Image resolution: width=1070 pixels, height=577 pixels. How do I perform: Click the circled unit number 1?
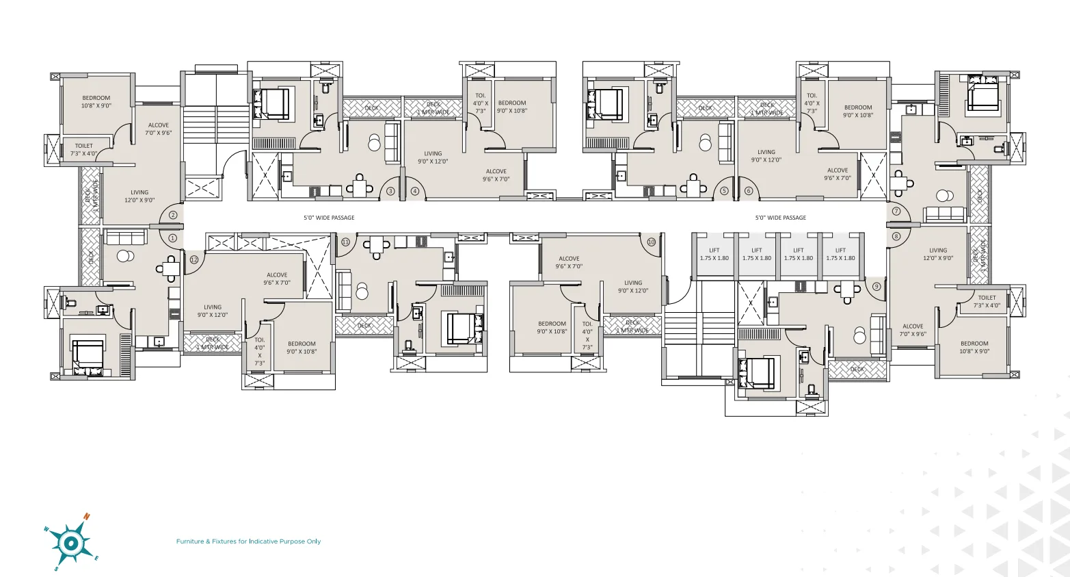(x=172, y=238)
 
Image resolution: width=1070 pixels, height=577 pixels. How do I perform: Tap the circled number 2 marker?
(x=173, y=215)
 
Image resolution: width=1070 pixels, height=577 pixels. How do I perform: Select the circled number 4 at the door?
(x=414, y=191)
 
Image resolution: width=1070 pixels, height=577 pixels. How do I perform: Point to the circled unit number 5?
(x=724, y=191)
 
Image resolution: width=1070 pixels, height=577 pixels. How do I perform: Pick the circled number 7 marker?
(x=896, y=211)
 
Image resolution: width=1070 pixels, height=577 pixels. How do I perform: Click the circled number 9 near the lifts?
(x=877, y=287)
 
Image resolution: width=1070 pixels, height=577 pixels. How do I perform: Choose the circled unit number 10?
(x=651, y=242)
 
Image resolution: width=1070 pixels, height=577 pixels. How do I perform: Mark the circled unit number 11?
(x=345, y=242)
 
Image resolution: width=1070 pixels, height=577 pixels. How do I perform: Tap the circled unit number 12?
(x=194, y=259)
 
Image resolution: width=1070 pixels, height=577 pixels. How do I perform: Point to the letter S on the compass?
(x=57, y=568)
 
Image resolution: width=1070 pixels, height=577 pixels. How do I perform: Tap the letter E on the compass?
(x=96, y=558)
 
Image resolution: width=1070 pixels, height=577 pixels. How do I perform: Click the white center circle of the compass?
(x=71, y=543)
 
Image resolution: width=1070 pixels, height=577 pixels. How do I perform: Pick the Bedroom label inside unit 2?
(x=96, y=98)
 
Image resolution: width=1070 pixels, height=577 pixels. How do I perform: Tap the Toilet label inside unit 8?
(x=987, y=298)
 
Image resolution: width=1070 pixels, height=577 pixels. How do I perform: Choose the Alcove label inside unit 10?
(x=569, y=259)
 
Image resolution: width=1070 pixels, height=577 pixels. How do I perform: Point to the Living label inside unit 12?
(x=213, y=307)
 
